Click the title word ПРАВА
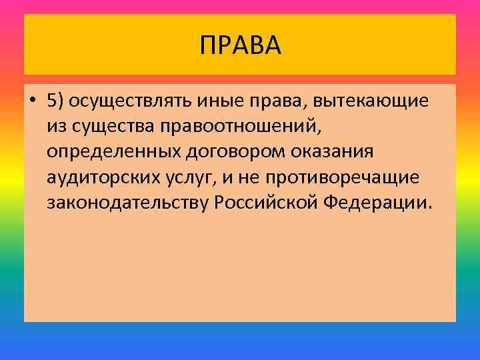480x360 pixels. click(x=240, y=45)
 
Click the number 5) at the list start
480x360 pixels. click(x=56, y=101)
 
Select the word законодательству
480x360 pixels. click(x=129, y=203)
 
